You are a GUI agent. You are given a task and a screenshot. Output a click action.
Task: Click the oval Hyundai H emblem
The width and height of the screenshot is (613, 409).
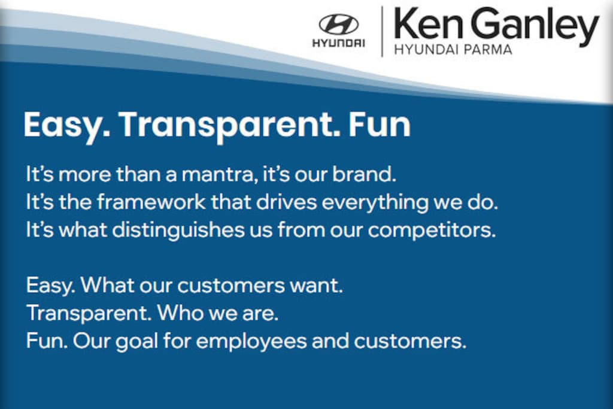click(339, 24)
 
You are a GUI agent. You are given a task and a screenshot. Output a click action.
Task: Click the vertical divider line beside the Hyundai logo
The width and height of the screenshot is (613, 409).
click(382, 31)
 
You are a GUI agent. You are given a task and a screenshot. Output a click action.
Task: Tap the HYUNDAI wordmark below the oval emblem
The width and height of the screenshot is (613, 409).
click(339, 43)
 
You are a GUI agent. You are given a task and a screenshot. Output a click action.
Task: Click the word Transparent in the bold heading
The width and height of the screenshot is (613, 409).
click(229, 126)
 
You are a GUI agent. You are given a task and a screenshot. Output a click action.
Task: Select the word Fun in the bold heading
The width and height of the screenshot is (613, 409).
click(379, 125)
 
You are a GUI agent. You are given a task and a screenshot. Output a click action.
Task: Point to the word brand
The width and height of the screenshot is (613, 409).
click(365, 174)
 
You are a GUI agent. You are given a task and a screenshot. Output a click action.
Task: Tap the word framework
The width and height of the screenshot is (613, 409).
click(151, 202)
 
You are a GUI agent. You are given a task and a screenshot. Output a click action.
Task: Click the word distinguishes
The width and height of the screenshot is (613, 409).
click(178, 230)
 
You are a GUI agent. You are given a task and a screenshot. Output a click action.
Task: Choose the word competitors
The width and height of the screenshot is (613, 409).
click(432, 231)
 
